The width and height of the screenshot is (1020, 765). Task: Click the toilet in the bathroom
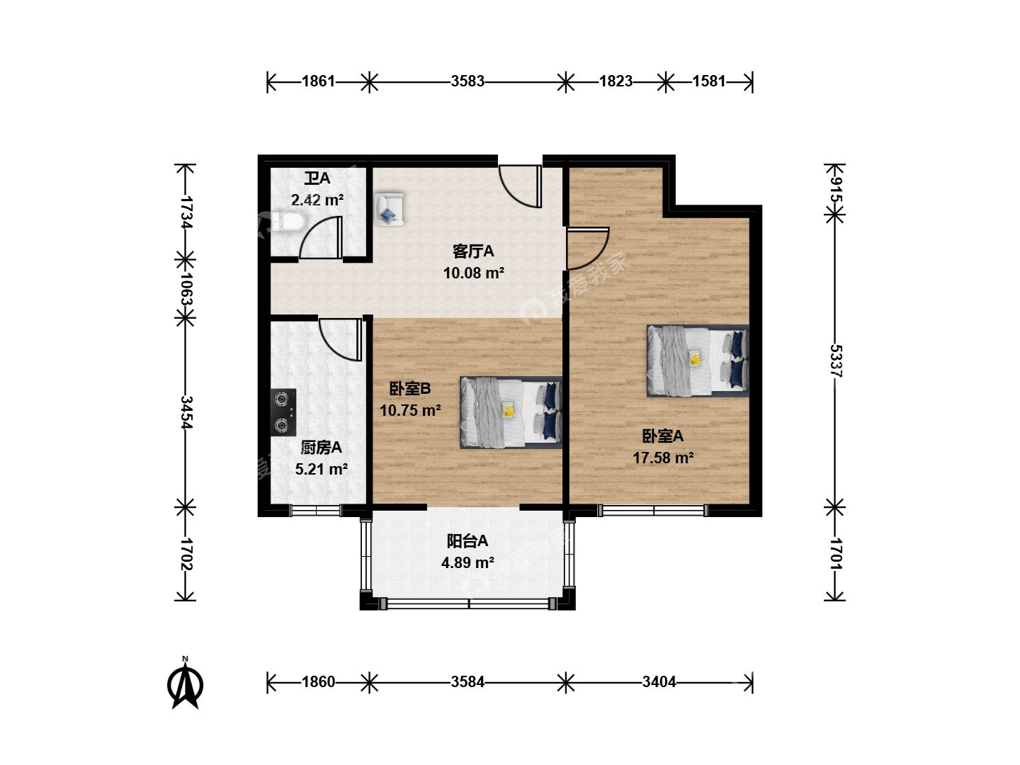pos(288,222)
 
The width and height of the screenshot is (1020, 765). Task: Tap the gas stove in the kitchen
pos(283,412)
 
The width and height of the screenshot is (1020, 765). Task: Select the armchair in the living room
pos(390,210)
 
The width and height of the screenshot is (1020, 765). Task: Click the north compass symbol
pos(186,684)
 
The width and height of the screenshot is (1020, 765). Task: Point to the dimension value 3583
pos(467,81)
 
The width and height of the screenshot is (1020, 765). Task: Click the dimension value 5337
pos(836,361)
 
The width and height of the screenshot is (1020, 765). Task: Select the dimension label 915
pos(836,190)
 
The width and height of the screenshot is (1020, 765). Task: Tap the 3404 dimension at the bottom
pos(659,682)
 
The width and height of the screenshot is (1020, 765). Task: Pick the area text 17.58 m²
pos(663,458)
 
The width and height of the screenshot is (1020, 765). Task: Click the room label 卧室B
pos(410,389)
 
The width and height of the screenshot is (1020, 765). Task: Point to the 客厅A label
pos(473,251)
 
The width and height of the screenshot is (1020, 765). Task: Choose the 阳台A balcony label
pos(467,541)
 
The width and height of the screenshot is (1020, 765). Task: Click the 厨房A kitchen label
pos(321,448)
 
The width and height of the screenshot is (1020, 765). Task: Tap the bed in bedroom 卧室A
pos(698,361)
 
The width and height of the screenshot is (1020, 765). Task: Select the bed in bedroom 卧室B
pos(511,412)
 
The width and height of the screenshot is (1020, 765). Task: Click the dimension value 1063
pos(186,288)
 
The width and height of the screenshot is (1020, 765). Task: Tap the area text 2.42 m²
pos(317,200)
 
